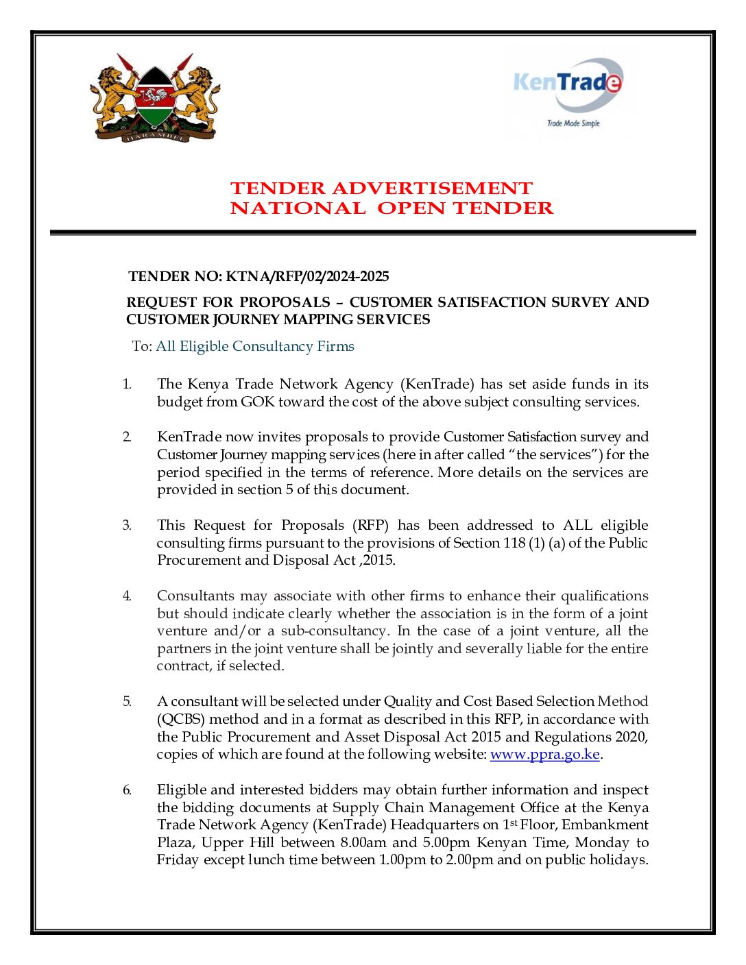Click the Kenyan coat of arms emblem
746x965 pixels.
pyautogui.click(x=155, y=97)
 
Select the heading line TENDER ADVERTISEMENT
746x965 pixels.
pyautogui.click(x=381, y=188)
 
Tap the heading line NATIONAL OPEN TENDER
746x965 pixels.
pyautogui.click(x=392, y=208)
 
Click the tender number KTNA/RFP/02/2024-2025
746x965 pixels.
pyautogui.click(x=307, y=277)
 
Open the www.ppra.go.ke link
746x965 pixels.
pyautogui.click(x=544, y=755)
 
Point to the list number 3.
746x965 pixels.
pyautogui.click(x=127, y=526)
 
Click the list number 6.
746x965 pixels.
pyautogui.click(x=127, y=790)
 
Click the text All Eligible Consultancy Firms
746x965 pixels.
pyautogui.click(x=255, y=347)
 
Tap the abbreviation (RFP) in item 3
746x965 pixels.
pyautogui.click(x=370, y=526)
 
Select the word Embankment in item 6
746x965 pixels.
pyautogui.click(x=605, y=825)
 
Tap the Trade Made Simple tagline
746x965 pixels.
pyautogui.click(x=573, y=124)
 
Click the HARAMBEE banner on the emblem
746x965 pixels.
pyautogui.click(x=155, y=138)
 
